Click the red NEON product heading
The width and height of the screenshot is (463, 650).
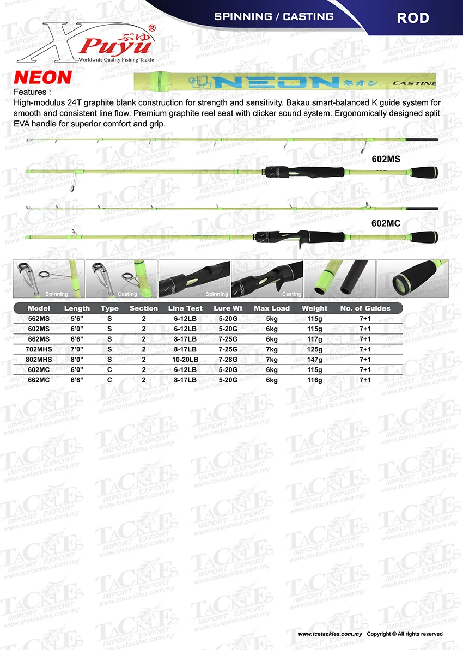(x=42, y=77)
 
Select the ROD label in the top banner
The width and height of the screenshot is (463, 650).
(x=412, y=17)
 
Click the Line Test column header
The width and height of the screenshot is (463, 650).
(x=185, y=308)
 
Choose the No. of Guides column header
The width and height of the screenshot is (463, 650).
(x=365, y=308)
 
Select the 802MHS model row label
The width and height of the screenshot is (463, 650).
(x=39, y=360)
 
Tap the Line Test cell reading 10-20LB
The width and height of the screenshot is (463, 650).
(x=185, y=360)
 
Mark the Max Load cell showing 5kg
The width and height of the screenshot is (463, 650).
(x=272, y=319)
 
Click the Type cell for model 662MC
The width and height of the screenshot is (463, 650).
(x=109, y=380)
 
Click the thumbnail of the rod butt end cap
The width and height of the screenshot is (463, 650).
(x=412, y=279)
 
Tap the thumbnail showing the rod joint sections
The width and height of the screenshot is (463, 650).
(x=339, y=279)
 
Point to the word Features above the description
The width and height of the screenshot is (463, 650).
(x=32, y=92)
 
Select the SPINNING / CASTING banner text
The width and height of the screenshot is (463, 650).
(x=274, y=16)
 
